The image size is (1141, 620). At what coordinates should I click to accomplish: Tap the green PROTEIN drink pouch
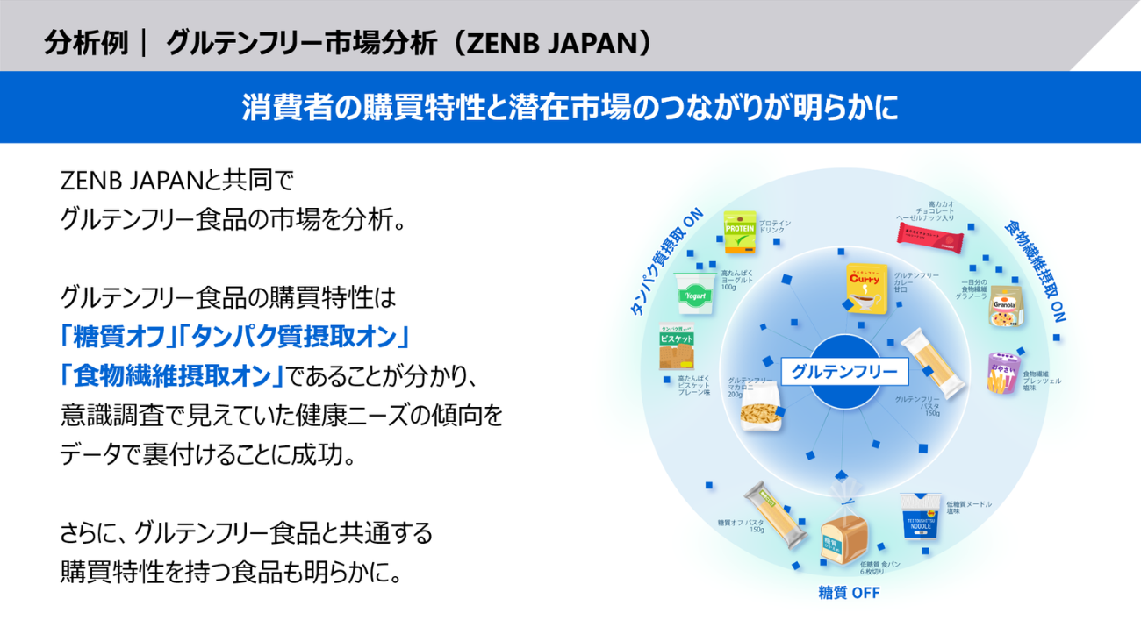click(x=739, y=231)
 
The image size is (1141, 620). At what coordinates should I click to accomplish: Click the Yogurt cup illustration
click(x=695, y=292)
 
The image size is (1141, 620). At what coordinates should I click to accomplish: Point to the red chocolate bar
click(x=936, y=232)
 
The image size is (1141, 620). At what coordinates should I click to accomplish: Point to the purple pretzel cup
click(x=1002, y=374)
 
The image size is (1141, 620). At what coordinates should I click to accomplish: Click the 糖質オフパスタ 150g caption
click(x=741, y=526)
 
